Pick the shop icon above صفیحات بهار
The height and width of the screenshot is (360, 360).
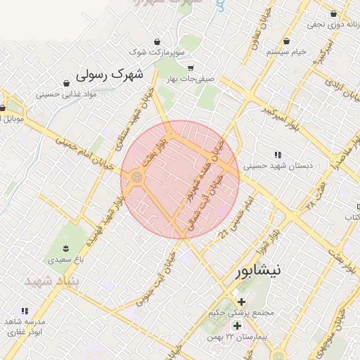191,68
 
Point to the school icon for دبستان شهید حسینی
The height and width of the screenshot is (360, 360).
278,155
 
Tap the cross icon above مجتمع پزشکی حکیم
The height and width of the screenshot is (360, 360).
242,302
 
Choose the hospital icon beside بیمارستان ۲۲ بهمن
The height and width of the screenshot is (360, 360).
237,326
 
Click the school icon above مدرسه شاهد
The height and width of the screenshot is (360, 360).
25,311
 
